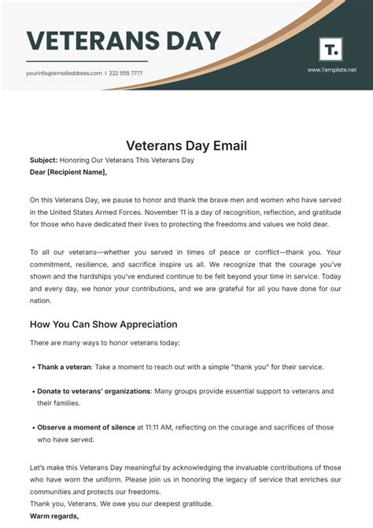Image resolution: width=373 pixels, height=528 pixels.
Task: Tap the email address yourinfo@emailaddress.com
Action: tap(64, 73)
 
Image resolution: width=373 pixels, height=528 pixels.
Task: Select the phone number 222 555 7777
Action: tap(127, 73)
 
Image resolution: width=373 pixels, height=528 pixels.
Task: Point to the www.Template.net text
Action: tap(331, 69)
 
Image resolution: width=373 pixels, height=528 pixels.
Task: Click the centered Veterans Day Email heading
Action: tap(186, 146)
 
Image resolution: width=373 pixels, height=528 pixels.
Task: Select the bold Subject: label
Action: tap(42, 160)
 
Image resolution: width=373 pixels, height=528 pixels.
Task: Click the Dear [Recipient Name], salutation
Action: tap(68, 172)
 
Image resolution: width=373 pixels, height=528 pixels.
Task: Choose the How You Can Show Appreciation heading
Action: tap(103, 324)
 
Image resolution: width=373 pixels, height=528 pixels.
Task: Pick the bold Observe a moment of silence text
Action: tap(86, 427)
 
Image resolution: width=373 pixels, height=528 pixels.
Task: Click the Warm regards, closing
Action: tap(54, 516)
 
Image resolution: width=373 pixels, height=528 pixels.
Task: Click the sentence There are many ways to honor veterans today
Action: tap(105, 342)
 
